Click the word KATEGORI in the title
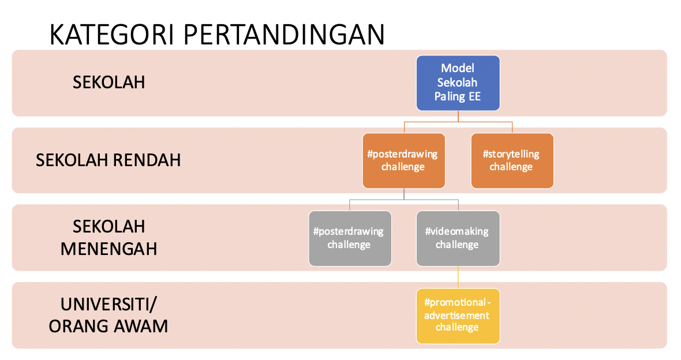click(111, 35)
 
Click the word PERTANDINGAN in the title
click(284, 35)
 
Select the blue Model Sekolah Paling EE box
click(458, 83)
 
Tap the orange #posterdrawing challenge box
click(404, 161)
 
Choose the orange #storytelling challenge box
click(512, 161)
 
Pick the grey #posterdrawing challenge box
click(350, 238)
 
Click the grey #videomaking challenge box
click(458, 238)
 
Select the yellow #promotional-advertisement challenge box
click(458, 316)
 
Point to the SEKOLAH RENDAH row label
click(108, 160)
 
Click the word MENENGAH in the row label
click(108, 249)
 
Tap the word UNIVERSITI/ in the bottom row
click(108, 305)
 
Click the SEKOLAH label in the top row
click(108, 82)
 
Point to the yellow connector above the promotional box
click(458, 277)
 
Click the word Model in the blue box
click(458, 68)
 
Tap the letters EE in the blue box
click(474, 96)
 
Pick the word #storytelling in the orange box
click(511, 154)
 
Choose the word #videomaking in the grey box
click(457, 231)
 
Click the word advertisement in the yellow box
click(457, 316)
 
